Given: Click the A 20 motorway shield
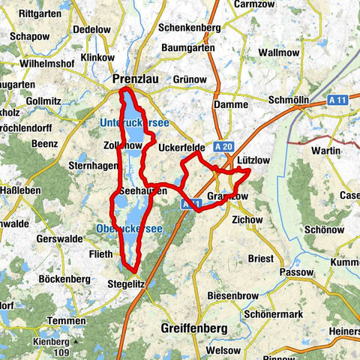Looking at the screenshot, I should [221, 147].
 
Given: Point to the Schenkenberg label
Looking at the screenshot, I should [189, 27].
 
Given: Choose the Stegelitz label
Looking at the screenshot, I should [126, 284].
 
